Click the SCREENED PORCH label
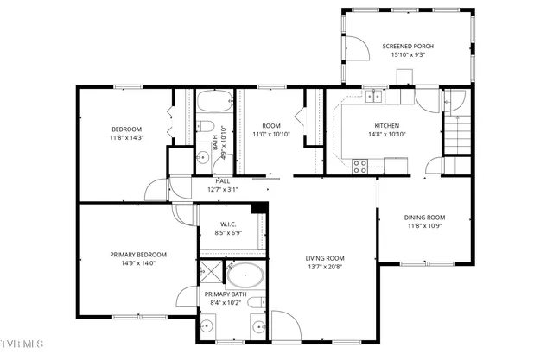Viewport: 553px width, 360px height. [408, 46]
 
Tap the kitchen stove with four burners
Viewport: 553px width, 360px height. [359, 163]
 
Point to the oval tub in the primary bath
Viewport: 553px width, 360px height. [245, 275]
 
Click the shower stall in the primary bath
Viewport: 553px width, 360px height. [211, 274]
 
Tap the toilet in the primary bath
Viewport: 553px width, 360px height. [257, 325]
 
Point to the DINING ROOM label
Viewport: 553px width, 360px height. [425, 217]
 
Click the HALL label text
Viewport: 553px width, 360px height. [222, 180]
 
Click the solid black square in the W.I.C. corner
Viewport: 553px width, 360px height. [257, 207]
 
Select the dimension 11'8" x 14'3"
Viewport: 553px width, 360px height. [126, 137]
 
